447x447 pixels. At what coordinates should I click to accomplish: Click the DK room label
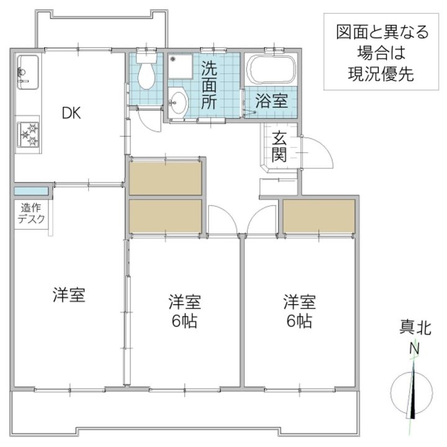pyautogui.click(x=71, y=113)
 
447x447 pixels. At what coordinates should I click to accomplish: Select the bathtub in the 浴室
pyautogui.click(x=271, y=70)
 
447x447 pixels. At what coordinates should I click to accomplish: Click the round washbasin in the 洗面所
pyautogui.click(x=178, y=102)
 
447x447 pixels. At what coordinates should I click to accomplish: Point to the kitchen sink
pyautogui.click(x=28, y=72)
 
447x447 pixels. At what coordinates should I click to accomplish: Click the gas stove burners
pyautogui.click(x=28, y=134)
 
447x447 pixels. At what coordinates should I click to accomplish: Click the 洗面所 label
pyautogui.click(x=209, y=85)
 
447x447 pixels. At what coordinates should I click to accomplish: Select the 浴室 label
pyautogui.click(x=271, y=101)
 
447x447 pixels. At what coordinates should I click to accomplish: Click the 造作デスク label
pyautogui.click(x=32, y=213)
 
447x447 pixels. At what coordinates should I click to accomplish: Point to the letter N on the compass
pyautogui.click(x=414, y=348)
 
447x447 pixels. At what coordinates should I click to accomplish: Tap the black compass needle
pyautogui.click(x=413, y=394)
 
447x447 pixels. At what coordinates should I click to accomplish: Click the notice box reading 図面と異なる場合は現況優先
pyautogui.click(x=381, y=52)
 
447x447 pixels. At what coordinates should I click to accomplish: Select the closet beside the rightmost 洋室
pyautogui.click(x=318, y=216)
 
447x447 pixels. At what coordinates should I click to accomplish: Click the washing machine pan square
pyautogui.click(x=180, y=66)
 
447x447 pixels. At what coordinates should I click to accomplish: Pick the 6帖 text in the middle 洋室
pyautogui.click(x=184, y=322)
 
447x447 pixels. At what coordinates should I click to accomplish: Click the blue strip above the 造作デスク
pyautogui.click(x=31, y=191)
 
